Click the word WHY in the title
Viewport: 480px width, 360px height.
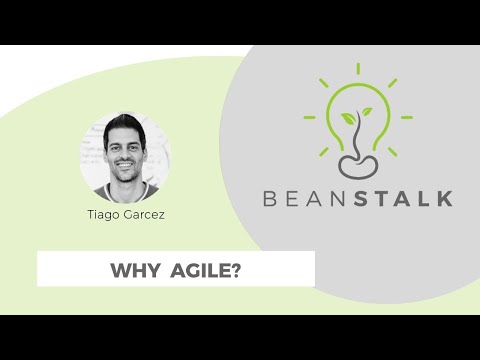131,270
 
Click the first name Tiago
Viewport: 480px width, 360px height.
104,214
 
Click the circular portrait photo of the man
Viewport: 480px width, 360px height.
125,157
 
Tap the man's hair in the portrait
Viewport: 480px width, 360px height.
125,125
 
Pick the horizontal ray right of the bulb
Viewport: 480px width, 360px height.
407,116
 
